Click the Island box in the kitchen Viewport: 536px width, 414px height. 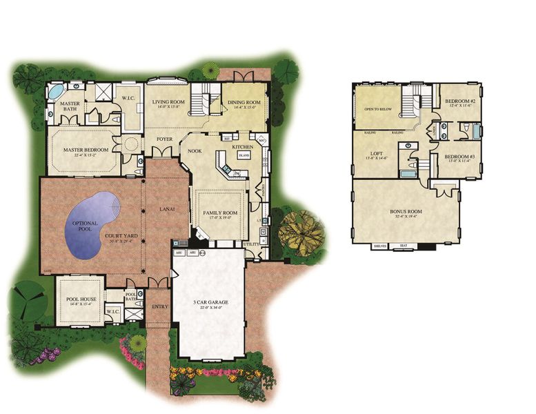click(244, 156)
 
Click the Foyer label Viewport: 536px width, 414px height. click(163, 138)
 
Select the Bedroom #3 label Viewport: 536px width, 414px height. click(457, 157)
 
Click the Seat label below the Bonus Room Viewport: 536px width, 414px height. click(403, 244)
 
